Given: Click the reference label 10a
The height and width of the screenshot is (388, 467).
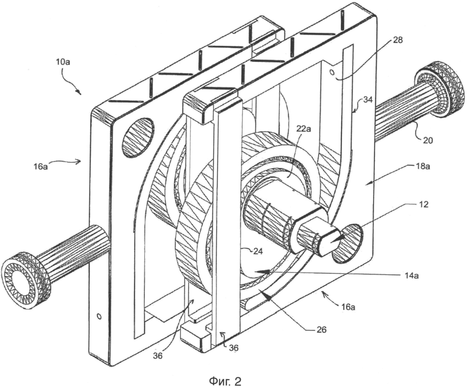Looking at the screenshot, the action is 63,64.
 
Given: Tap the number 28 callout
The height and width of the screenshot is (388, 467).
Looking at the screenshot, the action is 398,40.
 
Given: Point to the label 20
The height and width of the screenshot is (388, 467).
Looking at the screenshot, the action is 428,140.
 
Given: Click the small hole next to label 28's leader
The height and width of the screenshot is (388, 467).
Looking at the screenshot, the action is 331,73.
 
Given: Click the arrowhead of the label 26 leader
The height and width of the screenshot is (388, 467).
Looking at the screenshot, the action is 267,297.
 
